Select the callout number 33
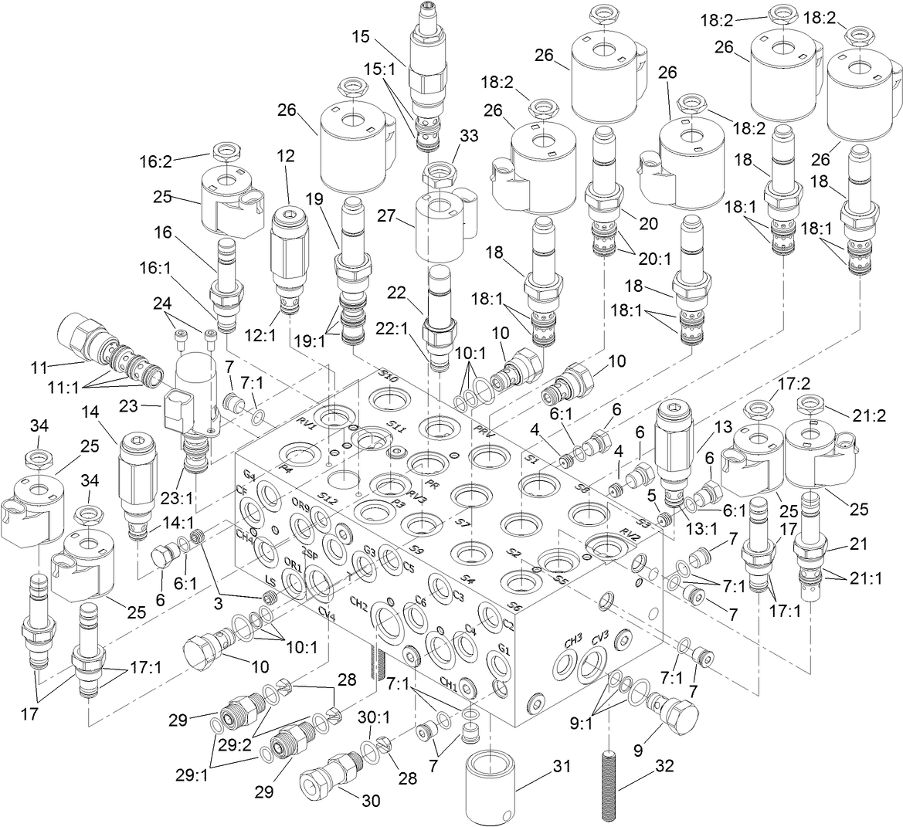click(x=469, y=136)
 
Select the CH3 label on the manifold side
click(x=572, y=640)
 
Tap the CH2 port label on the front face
click(x=358, y=603)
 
